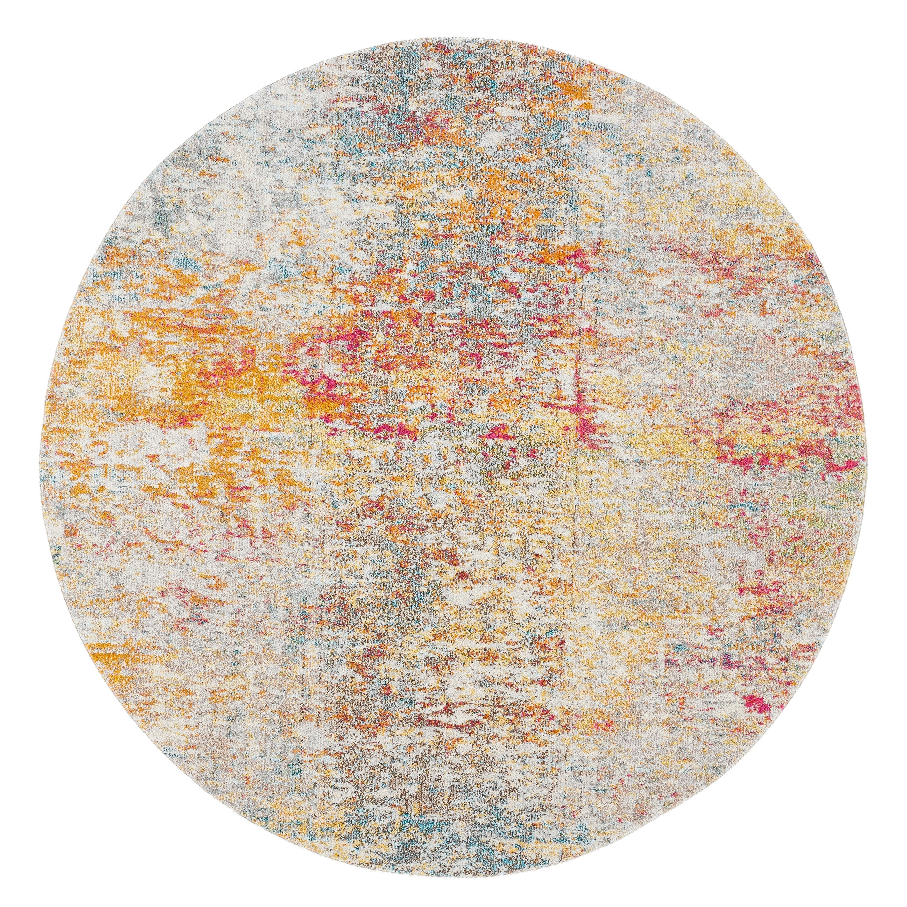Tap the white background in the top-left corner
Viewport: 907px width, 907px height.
pos(28,28)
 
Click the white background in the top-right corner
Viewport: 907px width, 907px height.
pos(878,28)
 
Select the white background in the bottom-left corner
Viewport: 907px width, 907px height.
pos(28,878)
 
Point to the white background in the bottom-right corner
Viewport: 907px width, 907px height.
pos(878,878)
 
